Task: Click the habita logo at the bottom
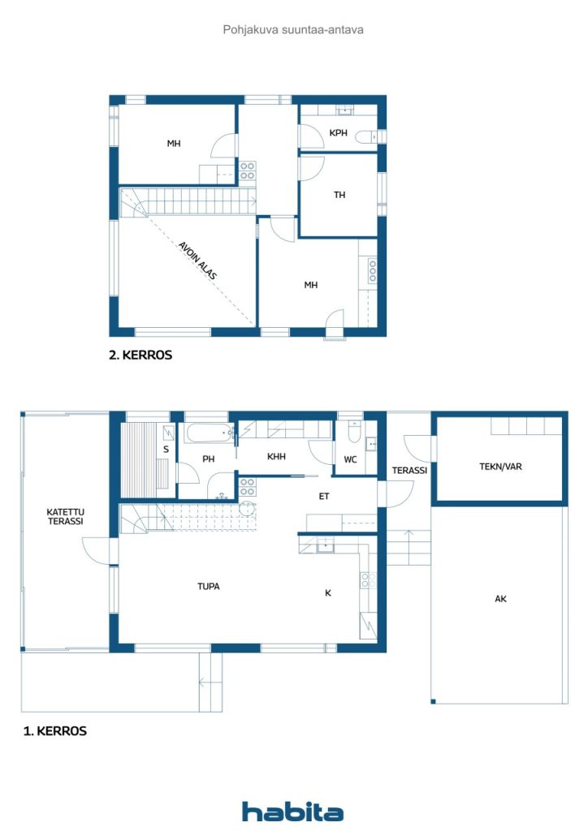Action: (292, 812)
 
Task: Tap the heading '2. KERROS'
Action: (141, 355)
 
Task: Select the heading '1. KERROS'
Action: (54, 730)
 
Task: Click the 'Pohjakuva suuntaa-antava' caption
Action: (293, 29)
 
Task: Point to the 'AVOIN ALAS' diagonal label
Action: (197, 260)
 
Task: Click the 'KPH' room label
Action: (339, 133)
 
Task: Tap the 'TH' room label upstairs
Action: (339, 195)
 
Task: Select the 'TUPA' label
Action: (209, 586)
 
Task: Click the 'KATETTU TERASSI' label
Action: (65, 517)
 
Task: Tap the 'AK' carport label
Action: (500, 599)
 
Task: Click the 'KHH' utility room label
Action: (276, 457)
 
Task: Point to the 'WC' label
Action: (350, 459)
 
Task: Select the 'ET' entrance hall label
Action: (323, 495)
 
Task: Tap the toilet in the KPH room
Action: (367, 137)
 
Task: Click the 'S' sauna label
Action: (166, 449)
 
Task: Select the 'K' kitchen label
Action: (328, 593)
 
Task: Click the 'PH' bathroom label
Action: (209, 459)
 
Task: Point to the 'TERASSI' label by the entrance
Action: (409, 470)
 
